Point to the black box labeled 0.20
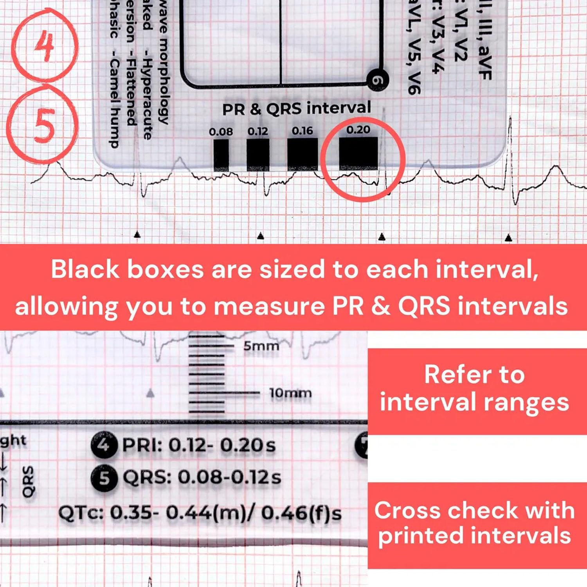(358, 153)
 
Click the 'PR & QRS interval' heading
(296, 109)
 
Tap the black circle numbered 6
(377, 80)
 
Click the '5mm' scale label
(261, 346)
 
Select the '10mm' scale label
(290, 393)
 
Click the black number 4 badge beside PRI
(104, 445)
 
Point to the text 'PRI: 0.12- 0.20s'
(199, 445)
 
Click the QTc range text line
(200, 513)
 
